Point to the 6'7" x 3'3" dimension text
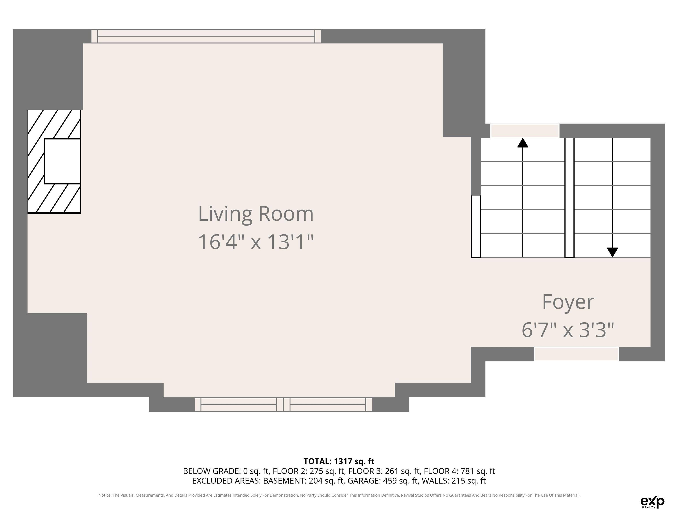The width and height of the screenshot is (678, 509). click(568, 330)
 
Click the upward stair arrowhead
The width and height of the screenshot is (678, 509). click(523, 143)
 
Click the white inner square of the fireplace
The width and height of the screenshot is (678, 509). click(62, 161)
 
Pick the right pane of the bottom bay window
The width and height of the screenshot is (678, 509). click(328, 404)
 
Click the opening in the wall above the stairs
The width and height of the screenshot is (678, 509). click(525, 131)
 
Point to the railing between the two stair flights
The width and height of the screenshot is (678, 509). click(569, 198)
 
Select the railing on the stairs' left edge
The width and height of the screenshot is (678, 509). click(476, 226)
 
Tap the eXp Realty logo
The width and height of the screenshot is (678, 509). click(652, 502)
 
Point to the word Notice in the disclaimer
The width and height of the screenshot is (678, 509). click(105, 495)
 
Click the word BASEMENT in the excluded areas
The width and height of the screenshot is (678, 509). click(284, 481)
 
